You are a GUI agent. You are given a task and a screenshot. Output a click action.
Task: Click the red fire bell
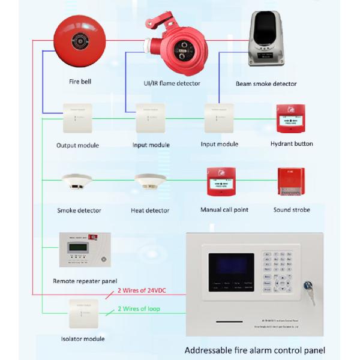79,41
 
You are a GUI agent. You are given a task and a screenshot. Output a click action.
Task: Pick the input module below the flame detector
150,119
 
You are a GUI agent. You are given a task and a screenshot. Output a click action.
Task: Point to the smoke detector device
77,183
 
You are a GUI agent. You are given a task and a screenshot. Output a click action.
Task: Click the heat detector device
149,183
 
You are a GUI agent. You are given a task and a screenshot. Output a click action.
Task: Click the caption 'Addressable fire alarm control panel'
255,350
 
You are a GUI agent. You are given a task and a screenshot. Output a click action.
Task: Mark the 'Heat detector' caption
150,211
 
